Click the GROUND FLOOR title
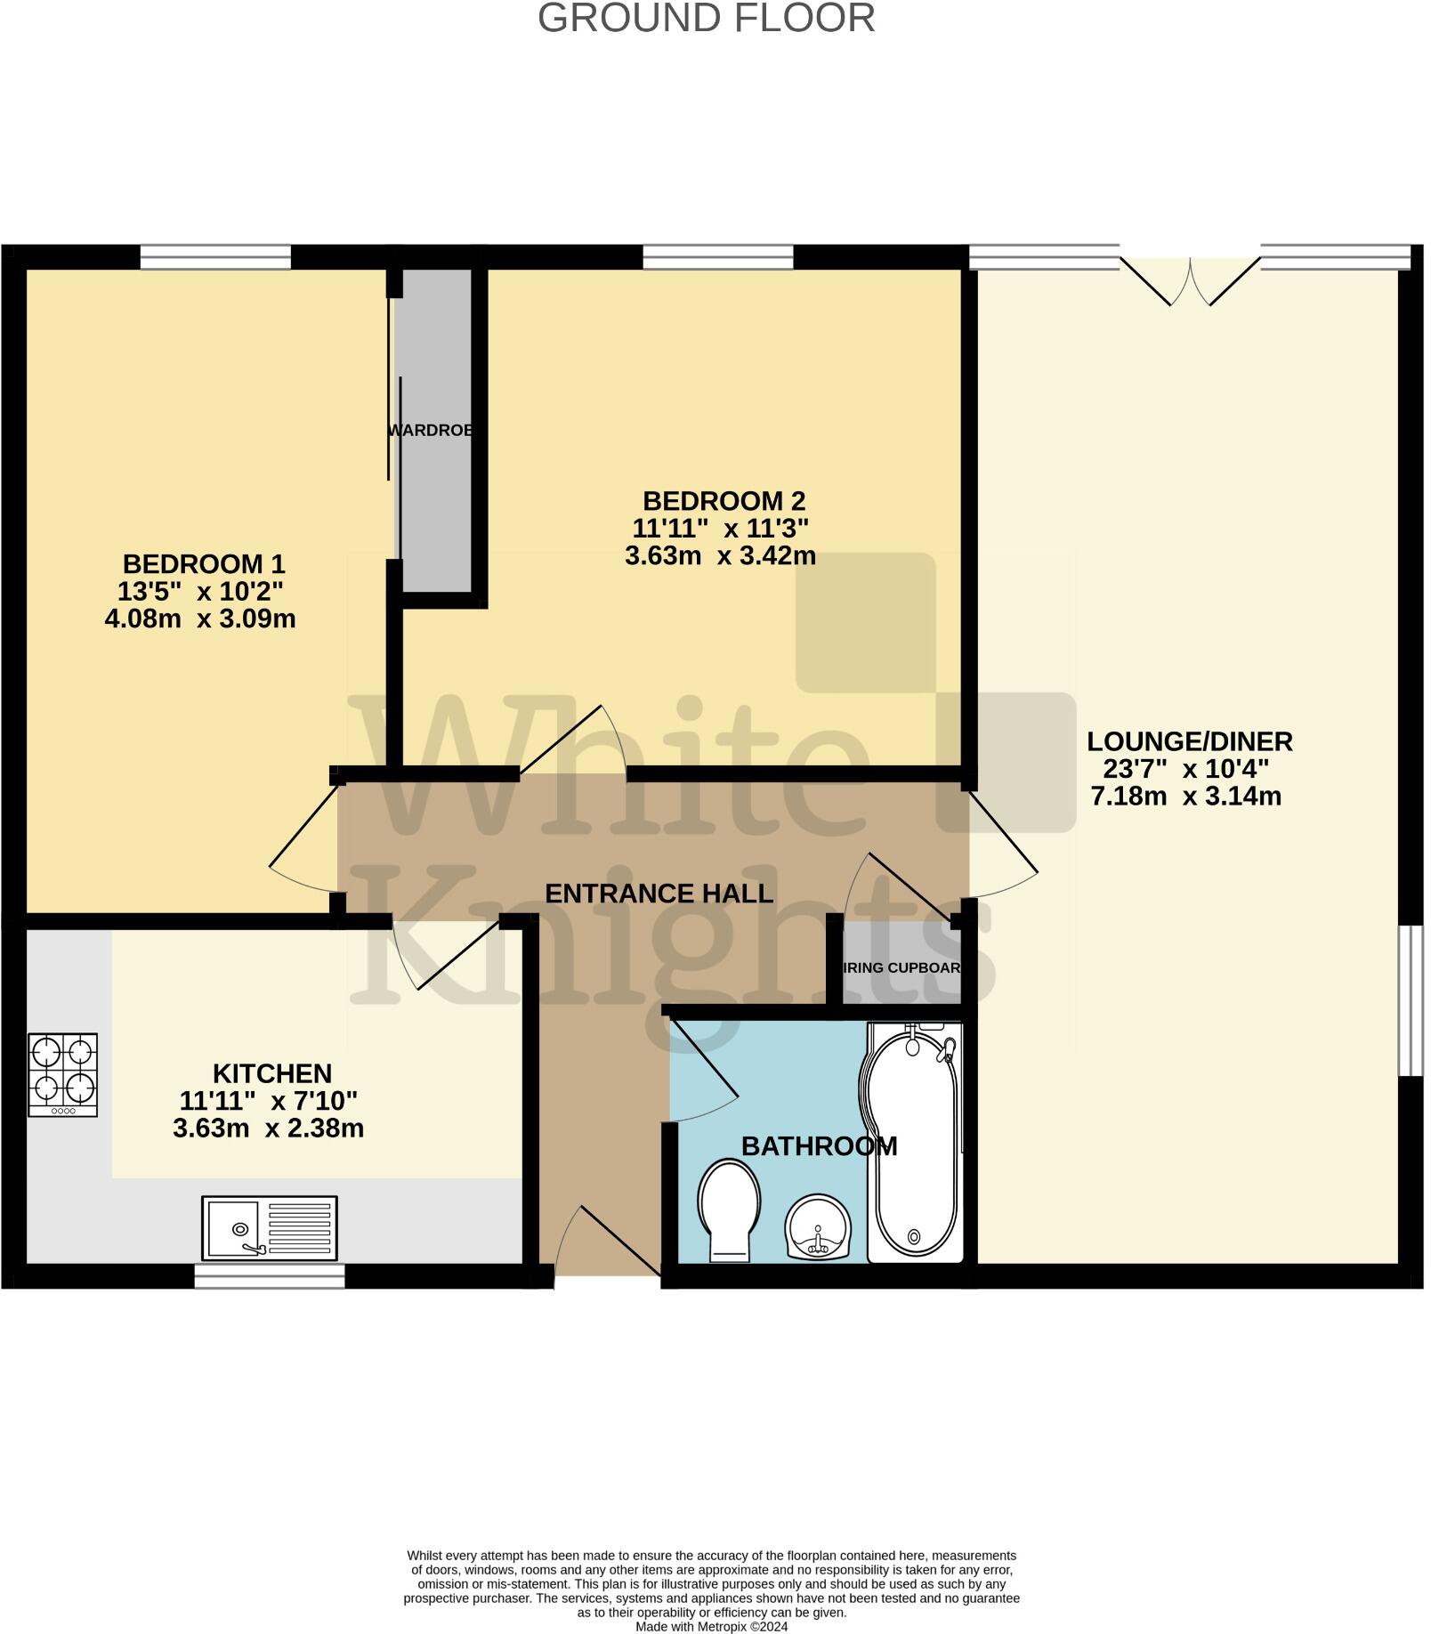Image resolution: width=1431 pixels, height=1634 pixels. [x=707, y=19]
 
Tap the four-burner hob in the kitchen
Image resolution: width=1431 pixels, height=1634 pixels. [x=62, y=1074]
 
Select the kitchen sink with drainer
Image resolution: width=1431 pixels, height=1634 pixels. [x=270, y=1228]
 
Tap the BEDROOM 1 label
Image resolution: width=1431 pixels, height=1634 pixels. [x=204, y=564]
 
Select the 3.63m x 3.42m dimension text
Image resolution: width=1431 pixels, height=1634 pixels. [x=720, y=556]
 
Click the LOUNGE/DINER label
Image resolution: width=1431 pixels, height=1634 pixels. [x=1190, y=741]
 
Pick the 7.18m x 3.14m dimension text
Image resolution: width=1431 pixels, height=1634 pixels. [x=1186, y=796]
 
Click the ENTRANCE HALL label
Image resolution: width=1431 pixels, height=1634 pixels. [x=659, y=894]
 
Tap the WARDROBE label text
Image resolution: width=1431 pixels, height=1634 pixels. [x=430, y=431]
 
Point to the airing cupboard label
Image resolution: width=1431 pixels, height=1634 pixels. [x=901, y=967]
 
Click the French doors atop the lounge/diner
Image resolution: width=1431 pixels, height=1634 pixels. [x=1190, y=279]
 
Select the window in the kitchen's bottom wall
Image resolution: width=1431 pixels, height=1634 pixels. [x=270, y=1277]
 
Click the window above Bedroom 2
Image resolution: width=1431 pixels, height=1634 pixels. [x=717, y=257]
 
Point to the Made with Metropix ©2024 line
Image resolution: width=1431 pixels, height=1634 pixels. [x=711, y=1626]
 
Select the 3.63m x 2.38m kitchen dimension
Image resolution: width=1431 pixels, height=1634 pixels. [x=268, y=1128]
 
